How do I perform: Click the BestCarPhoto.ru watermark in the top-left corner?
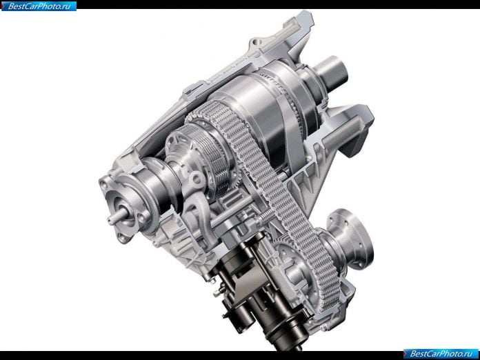[x=39, y=6]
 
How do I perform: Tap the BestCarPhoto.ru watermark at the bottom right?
[x=441, y=354]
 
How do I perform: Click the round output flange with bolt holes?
[x=352, y=239]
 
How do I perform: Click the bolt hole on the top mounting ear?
[x=257, y=42]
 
